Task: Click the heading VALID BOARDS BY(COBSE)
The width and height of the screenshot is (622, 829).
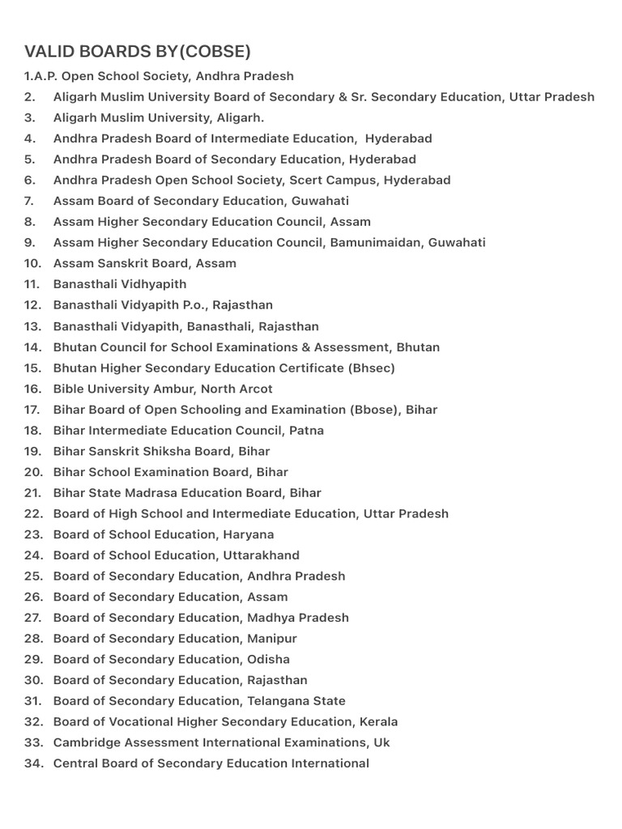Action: (138, 52)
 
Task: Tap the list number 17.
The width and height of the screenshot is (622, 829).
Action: (32, 410)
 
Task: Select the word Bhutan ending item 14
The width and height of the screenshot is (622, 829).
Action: (418, 347)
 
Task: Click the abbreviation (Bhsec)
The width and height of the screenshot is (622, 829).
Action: (372, 368)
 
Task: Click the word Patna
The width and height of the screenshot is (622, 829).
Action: (306, 431)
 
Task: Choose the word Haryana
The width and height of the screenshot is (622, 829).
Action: (248, 534)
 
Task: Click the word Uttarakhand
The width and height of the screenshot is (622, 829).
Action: (261, 555)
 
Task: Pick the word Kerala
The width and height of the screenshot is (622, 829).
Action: (379, 722)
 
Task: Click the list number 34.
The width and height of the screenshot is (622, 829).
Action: (32, 763)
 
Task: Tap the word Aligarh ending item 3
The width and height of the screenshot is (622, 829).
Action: (239, 117)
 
